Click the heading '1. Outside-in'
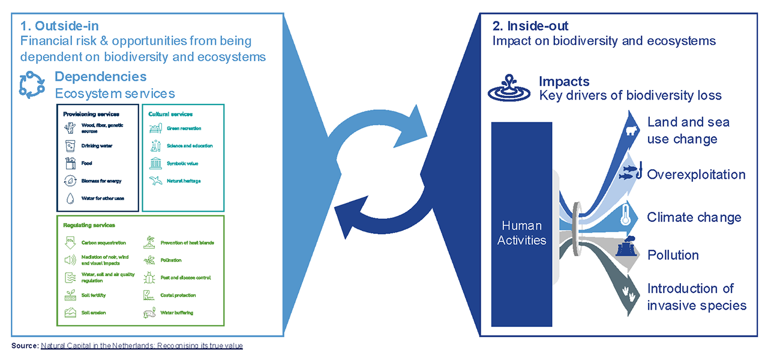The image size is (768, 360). [59, 26]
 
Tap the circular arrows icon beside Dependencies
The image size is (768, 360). [32, 85]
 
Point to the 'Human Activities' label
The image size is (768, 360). [521, 233]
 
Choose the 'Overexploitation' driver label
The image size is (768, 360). [696, 175]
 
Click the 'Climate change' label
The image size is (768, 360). [694, 217]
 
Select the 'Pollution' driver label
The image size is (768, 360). [673, 255]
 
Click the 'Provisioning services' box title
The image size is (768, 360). [91, 114]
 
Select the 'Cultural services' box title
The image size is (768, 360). [170, 114]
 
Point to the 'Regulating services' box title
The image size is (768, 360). [89, 225]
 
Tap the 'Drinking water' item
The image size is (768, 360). [97, 146]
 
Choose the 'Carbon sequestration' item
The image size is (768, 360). [103, 243]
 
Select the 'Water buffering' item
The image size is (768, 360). [176, 313]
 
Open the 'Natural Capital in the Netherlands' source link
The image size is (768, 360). [142, 346]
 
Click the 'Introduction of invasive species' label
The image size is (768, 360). [696, 297]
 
